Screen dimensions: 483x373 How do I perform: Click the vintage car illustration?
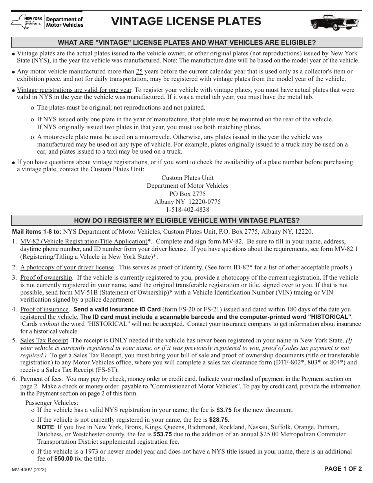(x=334, y=22)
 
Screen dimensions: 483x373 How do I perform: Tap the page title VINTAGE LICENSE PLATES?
(x=186, y=22)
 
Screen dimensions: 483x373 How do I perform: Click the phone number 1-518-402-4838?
(x=187, y=210)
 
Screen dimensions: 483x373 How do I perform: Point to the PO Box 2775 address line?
(x=187, y=194)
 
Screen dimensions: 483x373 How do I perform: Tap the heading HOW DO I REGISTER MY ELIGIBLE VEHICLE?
(x=187, y=220)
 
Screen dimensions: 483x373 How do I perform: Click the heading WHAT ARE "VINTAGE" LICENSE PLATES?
(x=187, y=42)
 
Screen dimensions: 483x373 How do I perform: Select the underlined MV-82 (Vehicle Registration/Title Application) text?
(x=84, y=241)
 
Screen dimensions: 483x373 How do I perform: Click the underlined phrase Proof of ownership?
(x=46, y=278)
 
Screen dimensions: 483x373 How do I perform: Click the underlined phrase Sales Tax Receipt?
(x=44, y=340)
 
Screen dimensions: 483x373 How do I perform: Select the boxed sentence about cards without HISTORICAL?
(x=103, y=324)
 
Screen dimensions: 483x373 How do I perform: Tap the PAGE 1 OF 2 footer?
(x=342, y=469)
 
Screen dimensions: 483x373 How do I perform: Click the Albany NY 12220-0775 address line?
(x=187, y=202)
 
